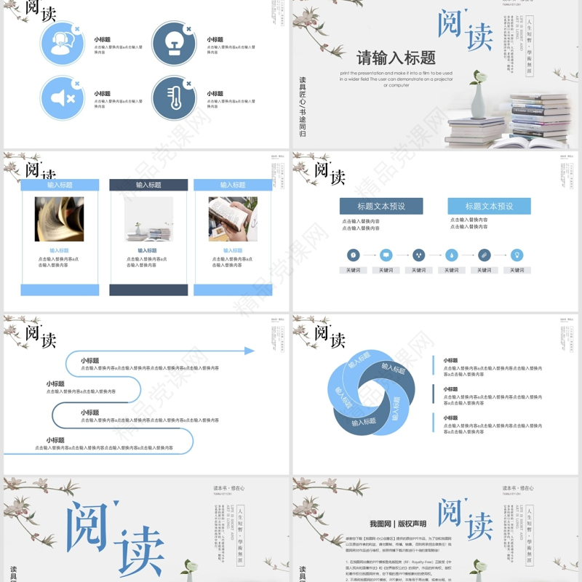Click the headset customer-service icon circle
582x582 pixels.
63,43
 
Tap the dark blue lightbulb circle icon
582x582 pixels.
174,43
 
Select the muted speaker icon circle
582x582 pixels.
63,97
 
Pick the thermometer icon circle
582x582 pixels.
174,97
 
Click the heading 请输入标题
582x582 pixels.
396,57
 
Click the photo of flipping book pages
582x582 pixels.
59,219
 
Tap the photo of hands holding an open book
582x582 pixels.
233,219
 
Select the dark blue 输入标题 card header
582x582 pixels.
148,186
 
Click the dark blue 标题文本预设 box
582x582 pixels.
380,206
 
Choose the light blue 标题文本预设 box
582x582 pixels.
489,206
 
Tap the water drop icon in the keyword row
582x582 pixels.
451,255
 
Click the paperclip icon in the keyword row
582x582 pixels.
484,255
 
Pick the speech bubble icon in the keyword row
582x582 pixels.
386,255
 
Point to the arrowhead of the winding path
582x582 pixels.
250,351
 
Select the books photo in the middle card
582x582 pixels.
148,219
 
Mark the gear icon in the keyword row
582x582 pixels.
353,255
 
